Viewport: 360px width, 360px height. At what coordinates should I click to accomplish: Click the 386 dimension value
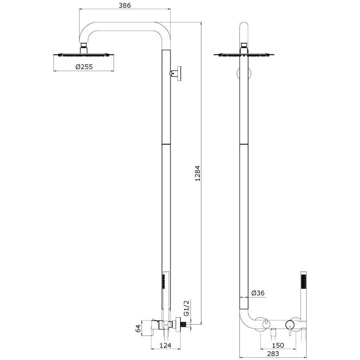(125, 5)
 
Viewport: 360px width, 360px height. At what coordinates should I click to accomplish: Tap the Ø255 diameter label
(84, 67)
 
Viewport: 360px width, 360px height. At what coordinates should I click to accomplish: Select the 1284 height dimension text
(197, 173)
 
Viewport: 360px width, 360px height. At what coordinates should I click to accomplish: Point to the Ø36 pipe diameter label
(258, 293)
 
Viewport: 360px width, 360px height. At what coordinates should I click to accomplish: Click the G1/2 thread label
(187, 308)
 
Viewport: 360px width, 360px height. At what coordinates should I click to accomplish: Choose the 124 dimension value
(165, 345)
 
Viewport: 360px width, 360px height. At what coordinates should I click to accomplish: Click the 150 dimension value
(278, 345)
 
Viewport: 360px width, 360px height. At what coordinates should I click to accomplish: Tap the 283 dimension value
(273, 354)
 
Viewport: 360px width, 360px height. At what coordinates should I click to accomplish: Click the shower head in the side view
(84, 55)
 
